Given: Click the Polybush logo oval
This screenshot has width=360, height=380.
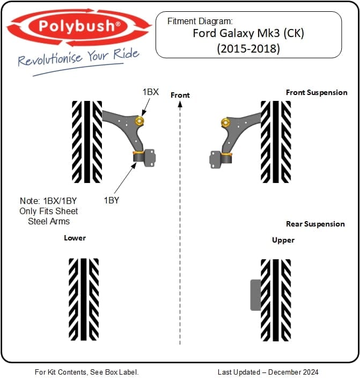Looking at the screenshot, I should point(78,26).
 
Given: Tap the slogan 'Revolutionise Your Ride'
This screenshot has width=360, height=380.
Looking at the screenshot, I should point(78,57).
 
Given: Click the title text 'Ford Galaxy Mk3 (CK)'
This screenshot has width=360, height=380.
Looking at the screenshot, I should point(248,34).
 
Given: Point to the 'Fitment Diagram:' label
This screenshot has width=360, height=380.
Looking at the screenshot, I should point(200,21).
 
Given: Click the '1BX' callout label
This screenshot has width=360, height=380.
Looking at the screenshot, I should point(150,92).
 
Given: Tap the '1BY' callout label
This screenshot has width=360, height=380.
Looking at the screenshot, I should point(112,200).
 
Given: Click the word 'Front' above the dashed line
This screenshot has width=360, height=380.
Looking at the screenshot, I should point(180,95).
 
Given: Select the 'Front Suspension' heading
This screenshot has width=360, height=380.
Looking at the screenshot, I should point(317,92).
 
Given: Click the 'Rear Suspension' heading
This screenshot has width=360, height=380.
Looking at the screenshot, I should point(315,224).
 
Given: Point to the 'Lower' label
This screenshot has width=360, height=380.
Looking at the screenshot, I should point(75,238).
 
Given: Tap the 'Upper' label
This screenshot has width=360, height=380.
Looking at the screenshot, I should point(283,240).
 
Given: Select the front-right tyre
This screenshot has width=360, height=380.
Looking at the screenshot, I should point(276,142).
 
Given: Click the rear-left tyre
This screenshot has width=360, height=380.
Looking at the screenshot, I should point(84,299).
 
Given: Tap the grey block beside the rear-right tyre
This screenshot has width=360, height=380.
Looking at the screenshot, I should point(255,295).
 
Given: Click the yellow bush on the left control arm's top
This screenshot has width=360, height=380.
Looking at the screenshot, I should point(139,121).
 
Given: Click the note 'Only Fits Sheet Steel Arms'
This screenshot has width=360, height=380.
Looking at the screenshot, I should point(49,216).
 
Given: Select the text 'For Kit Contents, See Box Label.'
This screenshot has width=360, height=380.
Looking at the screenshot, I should point(86,372).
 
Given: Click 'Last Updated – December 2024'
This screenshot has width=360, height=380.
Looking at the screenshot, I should point(268,372).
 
